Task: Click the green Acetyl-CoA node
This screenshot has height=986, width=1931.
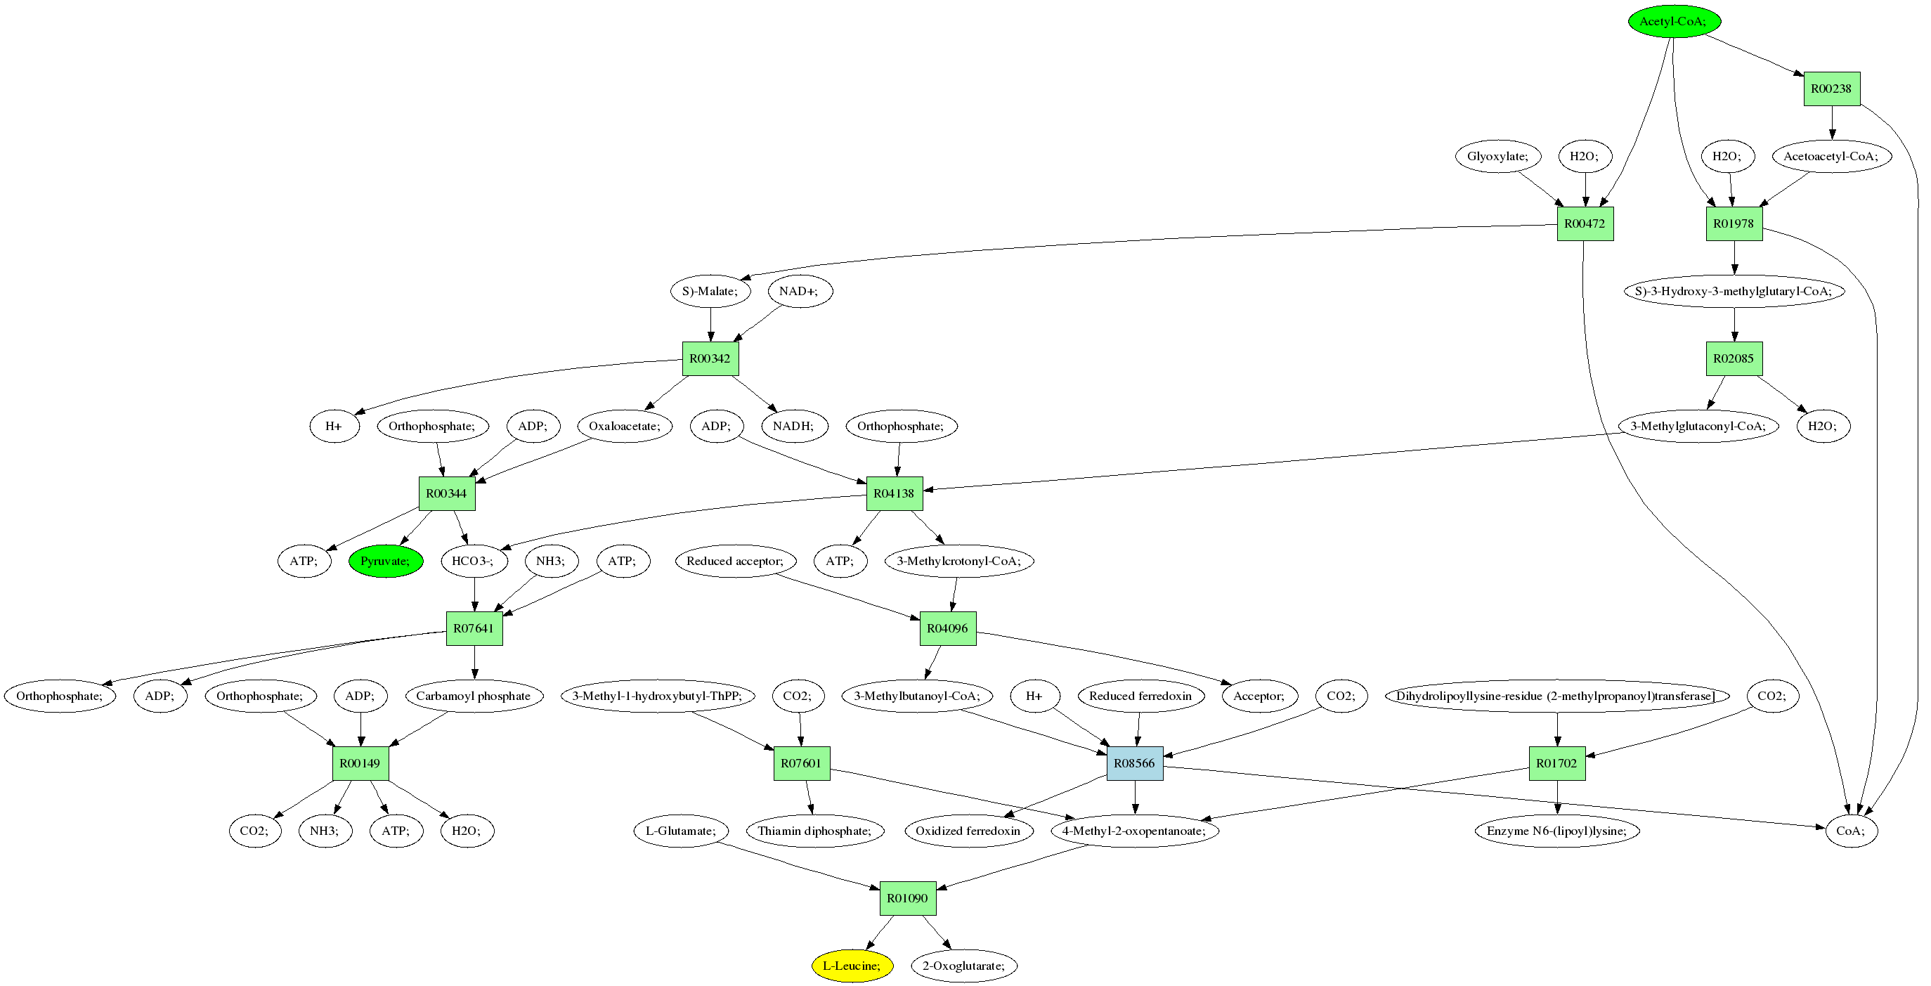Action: [x=1673, y=21]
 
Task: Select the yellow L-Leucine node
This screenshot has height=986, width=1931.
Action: [x=852, y=966]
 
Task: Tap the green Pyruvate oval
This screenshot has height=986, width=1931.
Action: [x=385, y=561]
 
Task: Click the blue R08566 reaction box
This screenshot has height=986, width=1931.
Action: [x=1134, y=763]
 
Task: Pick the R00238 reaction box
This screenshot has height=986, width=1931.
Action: [x=1831, y=89]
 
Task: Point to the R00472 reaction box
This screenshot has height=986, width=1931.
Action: [x=1585, y=223]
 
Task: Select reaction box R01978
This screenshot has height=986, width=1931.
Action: [x=1734, y=223]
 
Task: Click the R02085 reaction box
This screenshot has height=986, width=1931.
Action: [x=1734, y=358]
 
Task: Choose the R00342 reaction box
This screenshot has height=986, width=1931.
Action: [x=710, y=358]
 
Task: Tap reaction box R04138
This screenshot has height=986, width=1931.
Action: [x=895, y=493]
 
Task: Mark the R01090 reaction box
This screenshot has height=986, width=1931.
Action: [x=908, y=898]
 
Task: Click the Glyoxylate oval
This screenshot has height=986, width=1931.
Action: [x=1497, y=156]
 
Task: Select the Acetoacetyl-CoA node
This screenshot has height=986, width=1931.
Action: [x=1831, y=156]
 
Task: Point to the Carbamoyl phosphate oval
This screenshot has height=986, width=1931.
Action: [x=474, y=696]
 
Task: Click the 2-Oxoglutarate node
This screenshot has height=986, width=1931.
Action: [x=964, y=966]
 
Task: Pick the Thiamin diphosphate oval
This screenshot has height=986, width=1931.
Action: [x=815, y=831]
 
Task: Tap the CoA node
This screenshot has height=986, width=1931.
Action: [x=1851, y=831]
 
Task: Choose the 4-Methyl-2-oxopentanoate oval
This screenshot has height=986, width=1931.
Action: [x=1134, y=831]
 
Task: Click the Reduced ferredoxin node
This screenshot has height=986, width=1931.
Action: [x=1140, y=696]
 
